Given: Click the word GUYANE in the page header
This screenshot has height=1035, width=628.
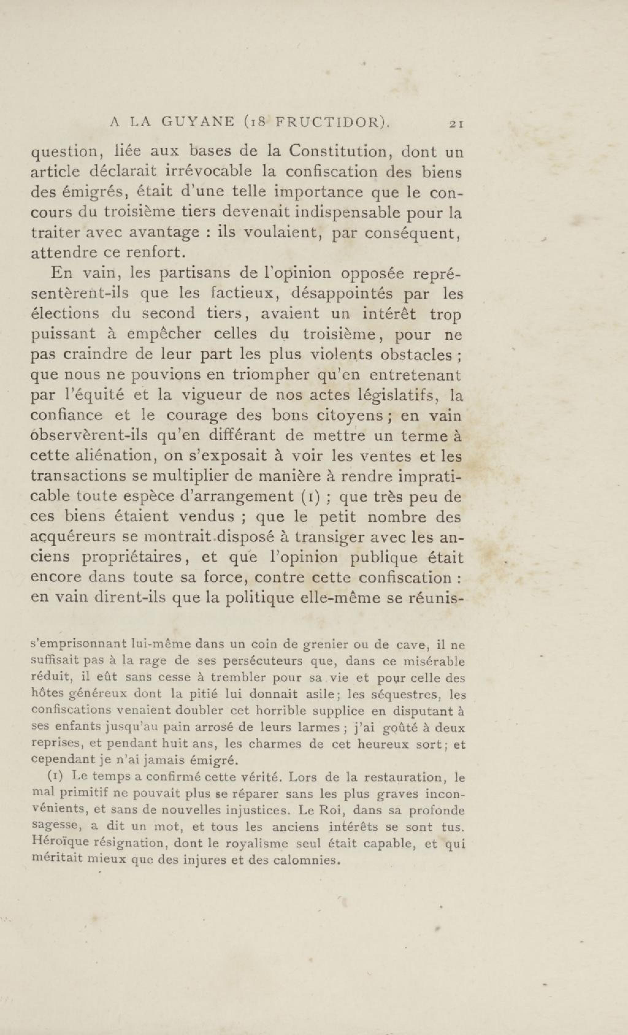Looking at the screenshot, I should click(x=198, y=123).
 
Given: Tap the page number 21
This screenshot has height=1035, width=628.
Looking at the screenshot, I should click(x=456, y=124).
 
